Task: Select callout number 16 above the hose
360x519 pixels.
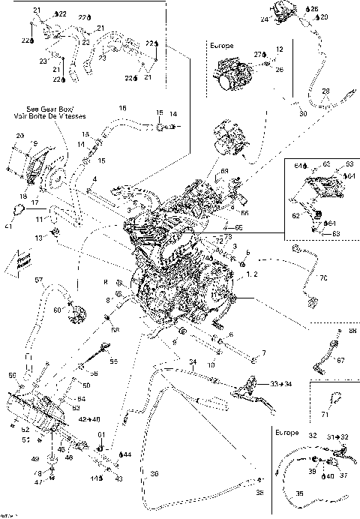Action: [x=122, y=108]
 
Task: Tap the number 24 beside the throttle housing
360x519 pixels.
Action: [x=264, y=20]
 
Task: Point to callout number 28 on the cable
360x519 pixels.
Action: [x=325, y=91]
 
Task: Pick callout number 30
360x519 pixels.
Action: [x=302, y=114]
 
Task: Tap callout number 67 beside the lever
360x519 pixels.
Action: [x=340, y=359]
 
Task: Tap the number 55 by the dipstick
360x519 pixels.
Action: [x=114, y=361]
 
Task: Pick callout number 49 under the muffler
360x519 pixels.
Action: [x=34, y=457]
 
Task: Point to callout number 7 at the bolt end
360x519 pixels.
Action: [x=262, y=352]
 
